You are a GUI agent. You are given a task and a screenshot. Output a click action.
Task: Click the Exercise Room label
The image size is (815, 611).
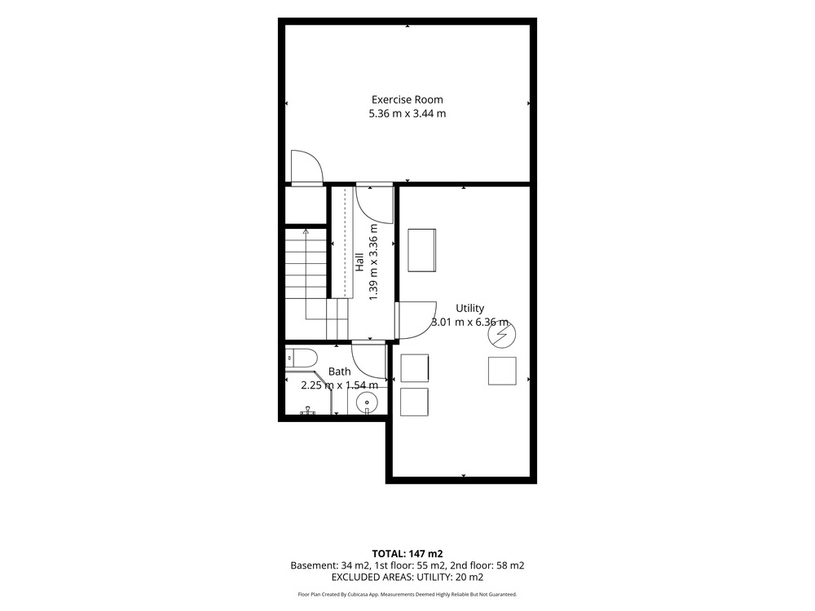[x=407, y=99]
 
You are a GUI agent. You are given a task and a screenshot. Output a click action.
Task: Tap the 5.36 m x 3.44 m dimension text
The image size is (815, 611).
[x=407, y=113]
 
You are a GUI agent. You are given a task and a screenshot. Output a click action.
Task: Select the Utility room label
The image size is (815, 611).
[x=470, y=308]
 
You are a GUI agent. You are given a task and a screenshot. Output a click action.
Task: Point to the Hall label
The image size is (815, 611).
[x=359, y=262]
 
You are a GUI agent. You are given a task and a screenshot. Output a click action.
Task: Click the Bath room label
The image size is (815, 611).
[x=339, y=371]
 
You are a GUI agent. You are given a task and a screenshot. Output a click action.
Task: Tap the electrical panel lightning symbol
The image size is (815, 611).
[x=501, y=335]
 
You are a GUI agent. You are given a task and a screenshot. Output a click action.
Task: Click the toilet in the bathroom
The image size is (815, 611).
[x=301, y=358]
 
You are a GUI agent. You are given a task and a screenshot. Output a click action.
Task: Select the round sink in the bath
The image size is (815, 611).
[x=367, y=402]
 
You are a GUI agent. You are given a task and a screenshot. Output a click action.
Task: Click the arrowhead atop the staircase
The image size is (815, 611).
[x=306, y=231]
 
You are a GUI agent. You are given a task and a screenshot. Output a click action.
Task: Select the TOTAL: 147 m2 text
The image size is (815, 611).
[x=407, y=554]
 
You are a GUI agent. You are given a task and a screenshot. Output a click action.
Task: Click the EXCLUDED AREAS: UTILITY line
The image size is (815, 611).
[x=407, y=577]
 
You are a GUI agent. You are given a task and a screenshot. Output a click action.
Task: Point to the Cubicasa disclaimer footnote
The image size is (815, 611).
[x=407, y=595]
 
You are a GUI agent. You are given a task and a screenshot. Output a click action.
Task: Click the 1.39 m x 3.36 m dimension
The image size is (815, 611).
[x=372, y=262]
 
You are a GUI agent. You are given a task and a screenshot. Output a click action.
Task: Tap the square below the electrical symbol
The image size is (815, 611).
[x=502, y=371]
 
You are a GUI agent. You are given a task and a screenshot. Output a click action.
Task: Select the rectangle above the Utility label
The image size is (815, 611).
[x=421, y=250]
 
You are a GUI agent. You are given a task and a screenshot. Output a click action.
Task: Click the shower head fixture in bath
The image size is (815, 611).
[x=308, y=411]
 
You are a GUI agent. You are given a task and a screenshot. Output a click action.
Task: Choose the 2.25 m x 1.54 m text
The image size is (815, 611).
[x=339, y=385]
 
